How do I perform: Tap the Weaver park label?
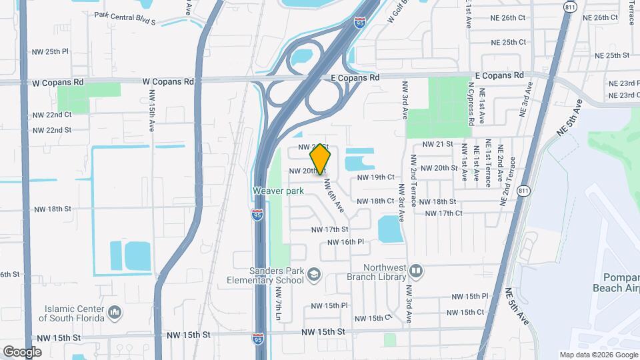click(278, 191)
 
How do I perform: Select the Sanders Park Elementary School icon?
click(313, 274)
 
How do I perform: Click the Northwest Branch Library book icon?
click(417, 271)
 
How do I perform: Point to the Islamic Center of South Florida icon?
click(115, 311)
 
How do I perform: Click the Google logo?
click(22, 351)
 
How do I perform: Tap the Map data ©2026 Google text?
click(598, 355)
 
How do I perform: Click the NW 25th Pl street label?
click(51, 51)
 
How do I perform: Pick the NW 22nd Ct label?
click(52, 115)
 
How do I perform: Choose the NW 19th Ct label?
click(376, 177)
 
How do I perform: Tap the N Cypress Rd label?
click(471, 103)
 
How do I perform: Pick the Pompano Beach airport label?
click(617, 282)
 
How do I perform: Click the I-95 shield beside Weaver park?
click(257, 215)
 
